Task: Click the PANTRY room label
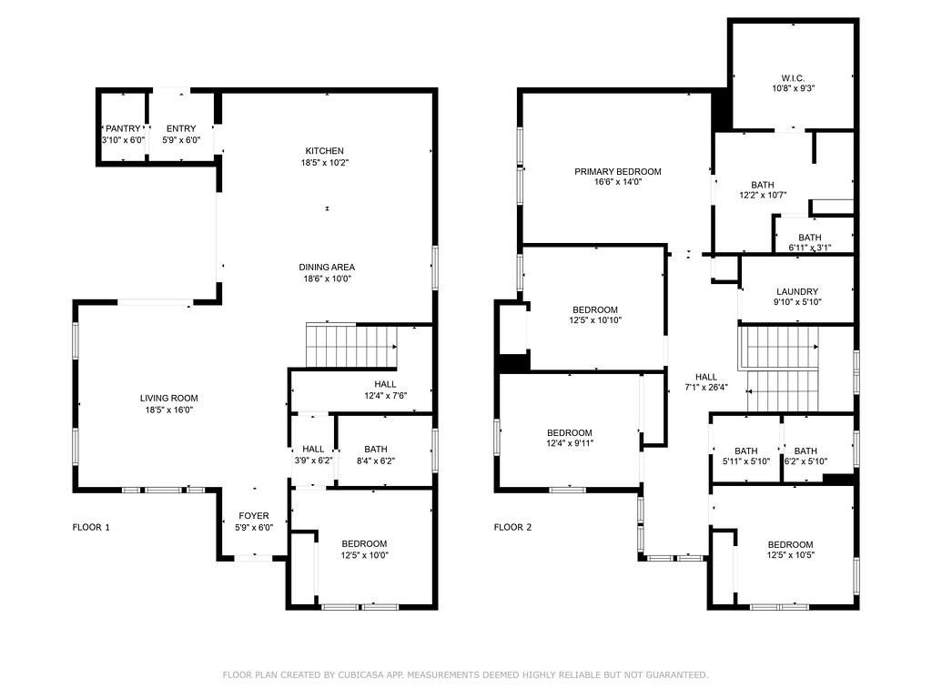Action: coord(122,128)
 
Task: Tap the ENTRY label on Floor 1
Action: coord(180,128)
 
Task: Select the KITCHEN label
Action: coord(324,150)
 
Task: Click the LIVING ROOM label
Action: coord(168,398)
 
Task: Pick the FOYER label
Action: coord(253,515)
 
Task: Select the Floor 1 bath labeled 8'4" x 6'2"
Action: coord(376,461)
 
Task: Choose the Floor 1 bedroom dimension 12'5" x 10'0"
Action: coord(364,555)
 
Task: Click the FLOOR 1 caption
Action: coord(91,527)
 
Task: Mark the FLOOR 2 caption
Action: coord(512,527)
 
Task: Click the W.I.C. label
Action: coord(792,77)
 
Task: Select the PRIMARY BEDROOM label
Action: coord(617,171)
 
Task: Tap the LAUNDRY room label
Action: coord(797,291)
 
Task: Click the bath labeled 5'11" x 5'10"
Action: coord(745,462)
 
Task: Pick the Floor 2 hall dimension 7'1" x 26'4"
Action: coord(706,387)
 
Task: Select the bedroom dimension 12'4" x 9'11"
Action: coord(569,444)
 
